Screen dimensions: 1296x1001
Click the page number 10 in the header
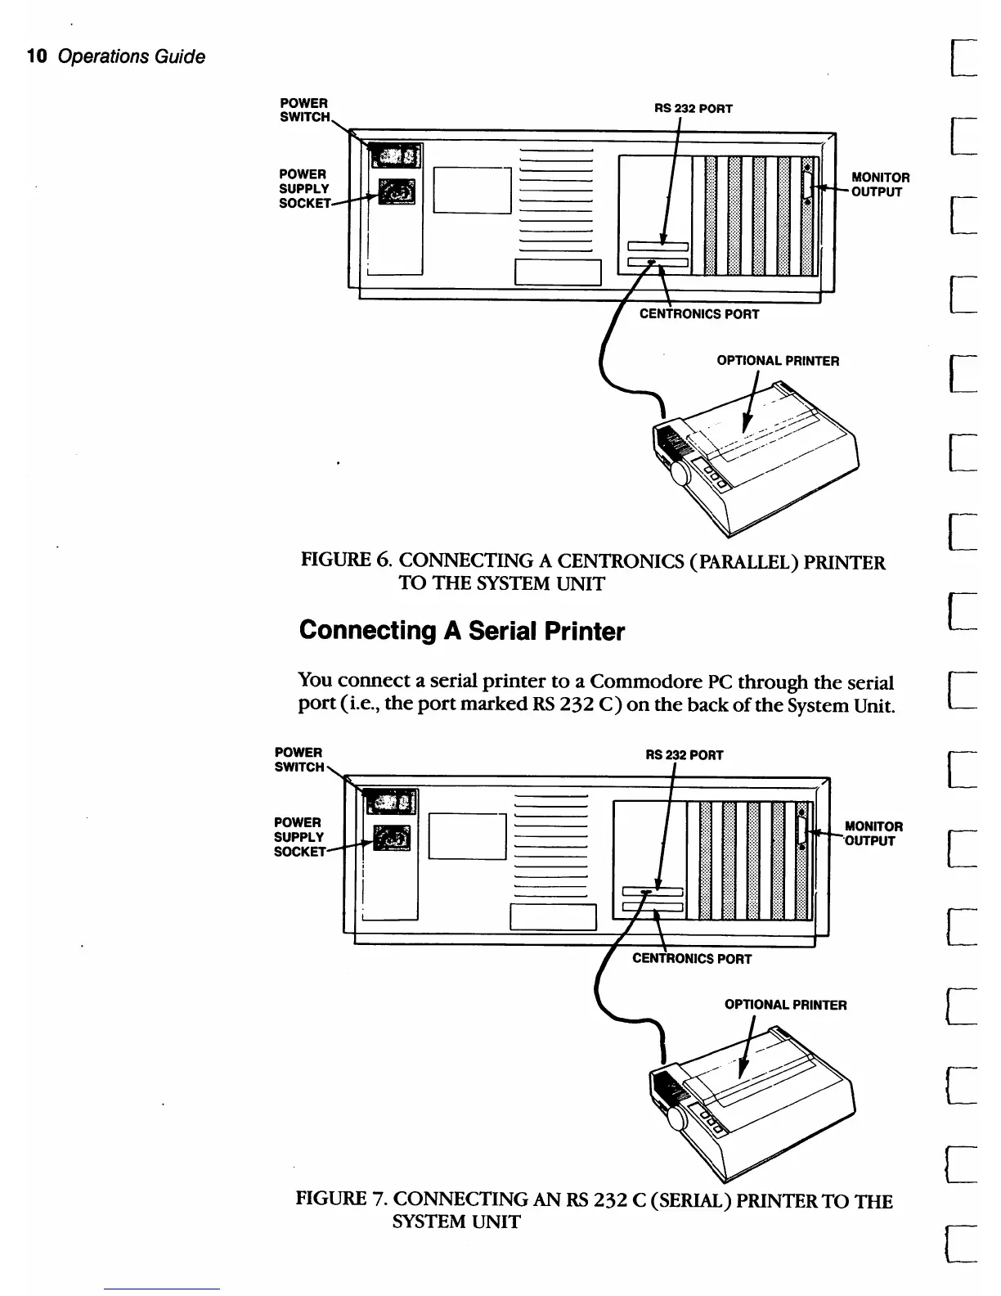(x=36, y=56)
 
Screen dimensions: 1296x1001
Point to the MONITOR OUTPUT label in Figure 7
(x=873, y=834)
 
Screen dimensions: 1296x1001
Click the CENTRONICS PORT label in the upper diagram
(x=699, y=314)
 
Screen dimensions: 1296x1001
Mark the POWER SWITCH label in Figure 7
(x=299, y=759)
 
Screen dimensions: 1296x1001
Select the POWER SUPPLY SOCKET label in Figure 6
(x=304, y=188)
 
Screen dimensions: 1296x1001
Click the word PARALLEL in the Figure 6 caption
(x=765, y=562)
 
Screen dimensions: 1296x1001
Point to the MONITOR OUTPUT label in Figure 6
(x=880, y=184)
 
